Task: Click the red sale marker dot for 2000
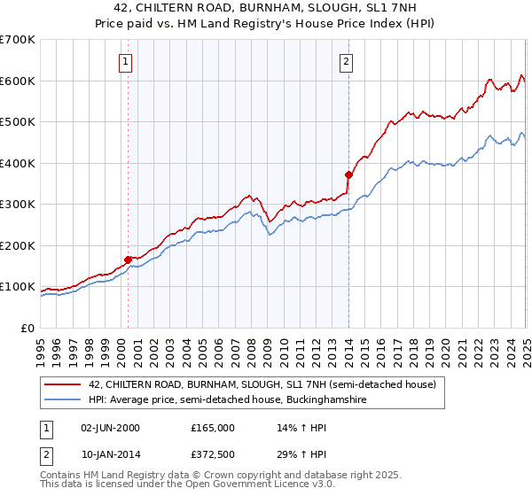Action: tap(128, 260)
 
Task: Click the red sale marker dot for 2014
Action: tap(348, 174)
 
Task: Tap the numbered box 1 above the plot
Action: tap(126, 62)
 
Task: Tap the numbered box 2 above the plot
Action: tap(345, 62)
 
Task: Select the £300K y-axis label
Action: tap(18, 205)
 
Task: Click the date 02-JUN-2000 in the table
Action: tap(110, 428)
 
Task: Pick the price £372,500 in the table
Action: tap(212, 454)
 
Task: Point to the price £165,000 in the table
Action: tap(212, 428)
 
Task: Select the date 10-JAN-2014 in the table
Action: tap(110, 454)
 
